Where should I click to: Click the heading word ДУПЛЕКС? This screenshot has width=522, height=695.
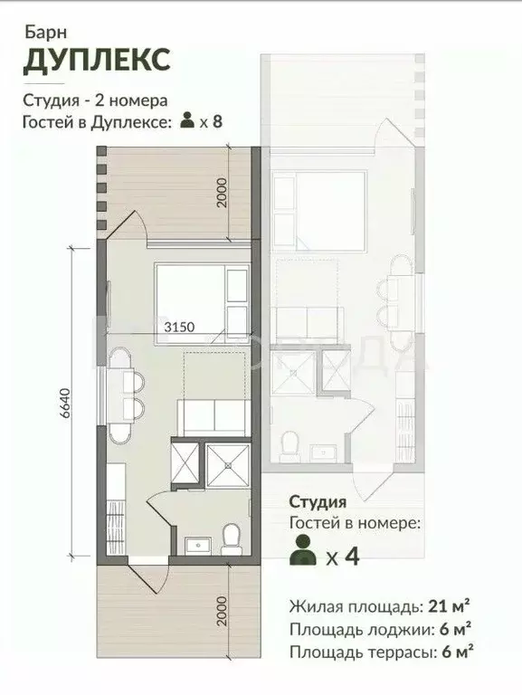(97, 60)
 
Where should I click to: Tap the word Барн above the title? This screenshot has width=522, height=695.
(45, 33)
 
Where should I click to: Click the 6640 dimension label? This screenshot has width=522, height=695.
(65, 404)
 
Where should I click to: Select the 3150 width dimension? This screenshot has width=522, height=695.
(179, 327)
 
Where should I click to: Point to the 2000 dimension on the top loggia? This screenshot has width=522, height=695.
(222, 193)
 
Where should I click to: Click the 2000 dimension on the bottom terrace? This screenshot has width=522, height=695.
(222, 611)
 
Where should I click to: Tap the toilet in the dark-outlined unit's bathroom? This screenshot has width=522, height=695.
(231, 539)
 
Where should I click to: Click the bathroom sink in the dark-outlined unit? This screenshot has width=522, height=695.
(198, 545)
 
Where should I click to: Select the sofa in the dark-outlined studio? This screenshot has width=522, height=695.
(212, 417)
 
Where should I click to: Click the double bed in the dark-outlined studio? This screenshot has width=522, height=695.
(202, 304)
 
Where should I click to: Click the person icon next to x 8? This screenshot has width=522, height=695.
(187, 120)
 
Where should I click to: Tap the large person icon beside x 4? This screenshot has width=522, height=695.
(303, 550)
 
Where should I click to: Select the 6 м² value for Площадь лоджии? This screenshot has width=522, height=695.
(455, 629)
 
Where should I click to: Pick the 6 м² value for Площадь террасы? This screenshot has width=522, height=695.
(457, 652)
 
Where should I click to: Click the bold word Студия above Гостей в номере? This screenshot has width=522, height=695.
(318, 502)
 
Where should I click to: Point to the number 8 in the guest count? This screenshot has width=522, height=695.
(217, 121)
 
